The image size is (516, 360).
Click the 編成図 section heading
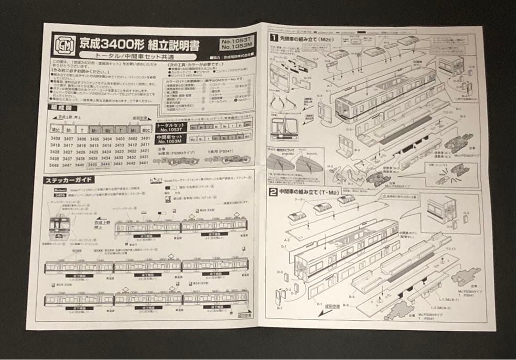(x=61, y=108)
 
